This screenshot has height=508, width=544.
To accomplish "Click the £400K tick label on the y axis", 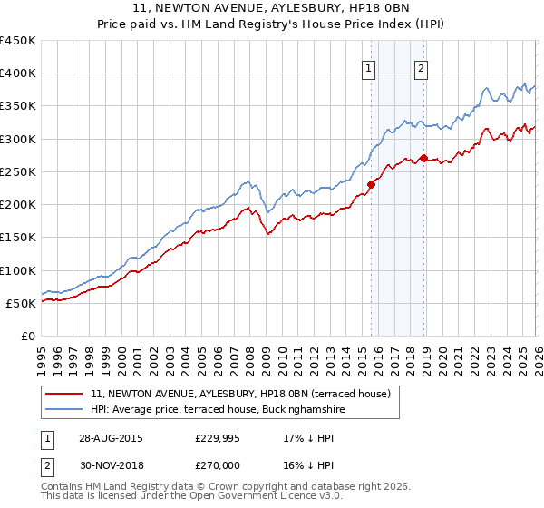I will click(18, 73).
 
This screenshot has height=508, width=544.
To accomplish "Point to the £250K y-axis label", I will click(18, 171).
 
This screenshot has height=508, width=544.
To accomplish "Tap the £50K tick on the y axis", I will click(22, 303).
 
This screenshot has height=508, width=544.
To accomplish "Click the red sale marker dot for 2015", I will click(371, 185).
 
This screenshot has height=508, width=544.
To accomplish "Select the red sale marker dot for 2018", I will click(423, 159).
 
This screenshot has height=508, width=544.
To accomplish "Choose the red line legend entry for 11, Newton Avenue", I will click(240, 394).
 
